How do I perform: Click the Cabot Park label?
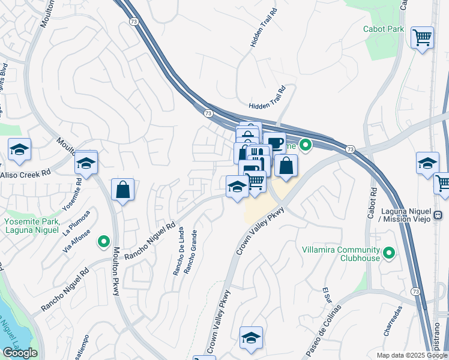click(383, 29)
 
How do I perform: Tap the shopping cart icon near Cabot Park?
click(423, 37)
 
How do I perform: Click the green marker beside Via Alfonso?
click(104, 242)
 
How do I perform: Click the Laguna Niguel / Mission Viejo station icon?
click(438, 215)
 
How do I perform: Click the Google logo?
click(20, 353)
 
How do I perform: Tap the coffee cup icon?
click(274, 143)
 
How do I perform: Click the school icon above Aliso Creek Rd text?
click(19, 150)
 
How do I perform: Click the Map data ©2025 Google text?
click(411, 355)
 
